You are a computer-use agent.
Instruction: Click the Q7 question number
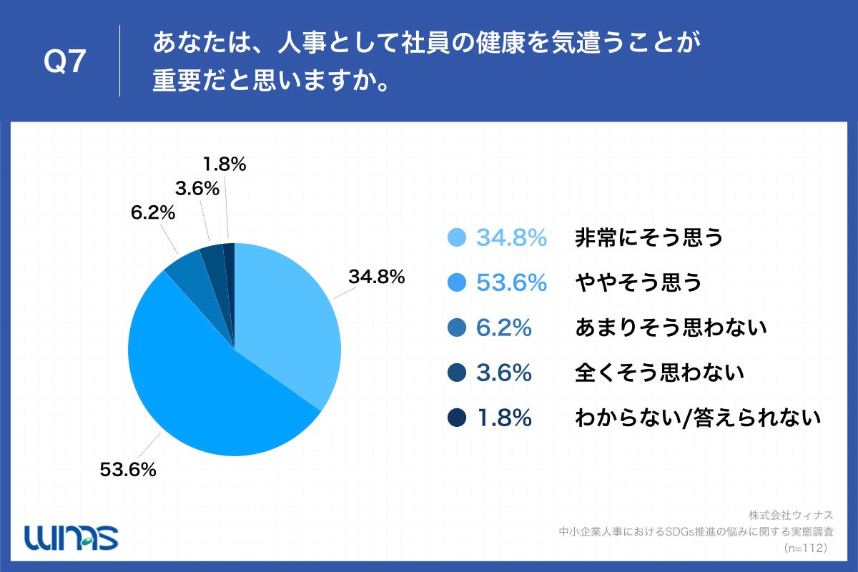pos(65,62)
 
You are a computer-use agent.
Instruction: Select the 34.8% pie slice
pos(286,315)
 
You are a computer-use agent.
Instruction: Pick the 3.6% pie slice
pos(213,259)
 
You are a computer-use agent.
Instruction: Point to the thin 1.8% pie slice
pos(229,257)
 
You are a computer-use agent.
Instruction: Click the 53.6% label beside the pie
pos(128,470)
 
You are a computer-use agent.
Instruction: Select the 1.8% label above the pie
pos(225,164)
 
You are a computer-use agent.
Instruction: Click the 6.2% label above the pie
pos(152,213)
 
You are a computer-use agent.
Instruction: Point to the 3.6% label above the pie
pos(195,189)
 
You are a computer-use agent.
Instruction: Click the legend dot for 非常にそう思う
pos(455,238)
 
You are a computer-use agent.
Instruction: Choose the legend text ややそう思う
pos(638,283)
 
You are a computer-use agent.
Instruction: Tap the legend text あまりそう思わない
pos(671,328)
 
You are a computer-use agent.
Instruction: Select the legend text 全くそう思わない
pos(660,373)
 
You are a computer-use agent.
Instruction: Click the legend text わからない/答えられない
pos(698,418)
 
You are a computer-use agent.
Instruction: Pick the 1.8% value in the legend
pos(504,418)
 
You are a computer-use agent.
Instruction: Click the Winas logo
pos(71,536)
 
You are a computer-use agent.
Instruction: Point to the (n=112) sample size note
pos(805,548)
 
